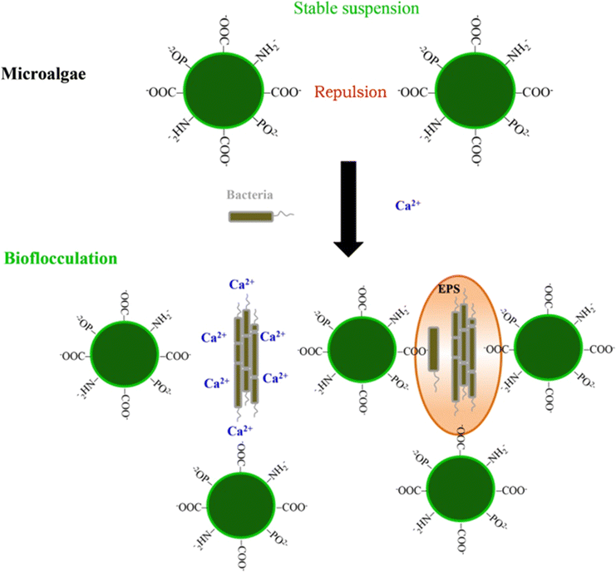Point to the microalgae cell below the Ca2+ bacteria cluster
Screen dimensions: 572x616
point(240,506)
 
